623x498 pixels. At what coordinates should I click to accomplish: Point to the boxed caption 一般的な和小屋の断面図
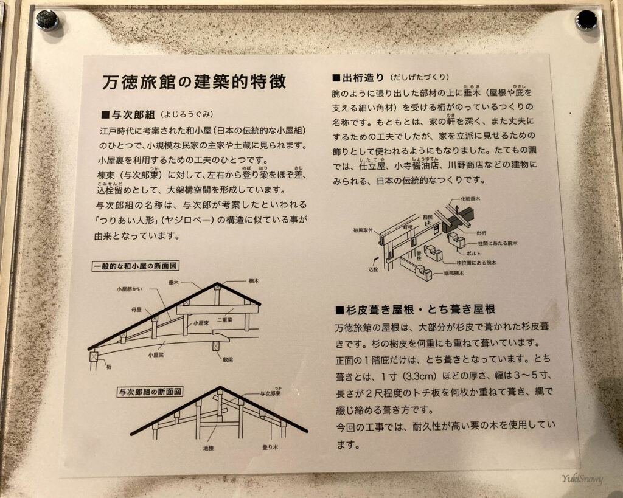click(x=139, y=266)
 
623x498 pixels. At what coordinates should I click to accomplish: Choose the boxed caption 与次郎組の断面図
click(x=150, y=392)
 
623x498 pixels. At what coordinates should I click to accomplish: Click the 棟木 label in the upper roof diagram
click(x=254, y=281)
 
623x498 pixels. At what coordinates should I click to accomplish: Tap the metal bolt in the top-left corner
click(x=46, y=20)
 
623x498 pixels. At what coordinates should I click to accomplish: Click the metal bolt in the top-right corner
click(x=586, y=20)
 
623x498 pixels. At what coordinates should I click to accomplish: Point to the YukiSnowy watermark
click(x=582, y=479)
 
